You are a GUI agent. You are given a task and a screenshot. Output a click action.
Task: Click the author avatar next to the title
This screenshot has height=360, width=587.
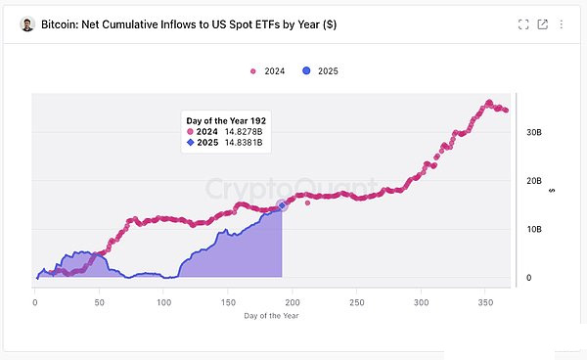click(x=27, y=24)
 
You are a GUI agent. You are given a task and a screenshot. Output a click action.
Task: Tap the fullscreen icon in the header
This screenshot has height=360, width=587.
click(x=523, y=24)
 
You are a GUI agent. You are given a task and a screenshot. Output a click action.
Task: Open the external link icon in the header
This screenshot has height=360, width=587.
click(x=542, y=24)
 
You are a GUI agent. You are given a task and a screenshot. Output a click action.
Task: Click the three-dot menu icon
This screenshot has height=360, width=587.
click(x=562, y=24)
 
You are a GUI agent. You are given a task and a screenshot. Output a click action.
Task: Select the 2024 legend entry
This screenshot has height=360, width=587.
click(x=268, y=71)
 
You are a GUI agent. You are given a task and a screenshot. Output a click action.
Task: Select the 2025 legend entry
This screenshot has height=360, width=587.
click(x=320, y=70)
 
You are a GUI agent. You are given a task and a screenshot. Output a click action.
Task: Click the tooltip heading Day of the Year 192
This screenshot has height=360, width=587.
click(x=226, y=121)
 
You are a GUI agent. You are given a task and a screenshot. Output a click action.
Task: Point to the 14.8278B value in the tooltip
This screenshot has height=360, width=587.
click(x=244, y=132)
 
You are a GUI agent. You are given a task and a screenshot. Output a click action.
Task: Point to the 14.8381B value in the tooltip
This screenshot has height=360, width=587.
click(x=244, y=143)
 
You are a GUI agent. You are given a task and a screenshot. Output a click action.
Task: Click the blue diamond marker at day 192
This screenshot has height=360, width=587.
click(x=282, y=205)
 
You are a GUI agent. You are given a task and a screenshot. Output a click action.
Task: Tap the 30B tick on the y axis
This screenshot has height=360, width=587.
click(x=534, y=132)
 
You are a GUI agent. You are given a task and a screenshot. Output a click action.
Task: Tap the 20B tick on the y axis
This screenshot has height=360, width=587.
click(x=534, y=181)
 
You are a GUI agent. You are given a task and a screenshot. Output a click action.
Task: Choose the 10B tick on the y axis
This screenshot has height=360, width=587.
click(x=534, y=229)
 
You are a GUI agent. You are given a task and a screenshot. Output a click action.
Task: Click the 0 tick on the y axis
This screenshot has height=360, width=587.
click(x=528, y=278)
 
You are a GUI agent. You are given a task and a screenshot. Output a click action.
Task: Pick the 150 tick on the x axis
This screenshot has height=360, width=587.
click(x=228, y=302)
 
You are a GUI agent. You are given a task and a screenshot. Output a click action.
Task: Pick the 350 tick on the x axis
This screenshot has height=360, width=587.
click(x=485, y=302)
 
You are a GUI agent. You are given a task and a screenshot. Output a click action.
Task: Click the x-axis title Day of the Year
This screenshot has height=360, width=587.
click(x=271, y=316)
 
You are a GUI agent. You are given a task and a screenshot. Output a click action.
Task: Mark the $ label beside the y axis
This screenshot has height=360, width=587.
click(x=552, y=191)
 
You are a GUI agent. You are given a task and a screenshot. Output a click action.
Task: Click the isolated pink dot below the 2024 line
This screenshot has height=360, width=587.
click(x=308, y=202)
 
